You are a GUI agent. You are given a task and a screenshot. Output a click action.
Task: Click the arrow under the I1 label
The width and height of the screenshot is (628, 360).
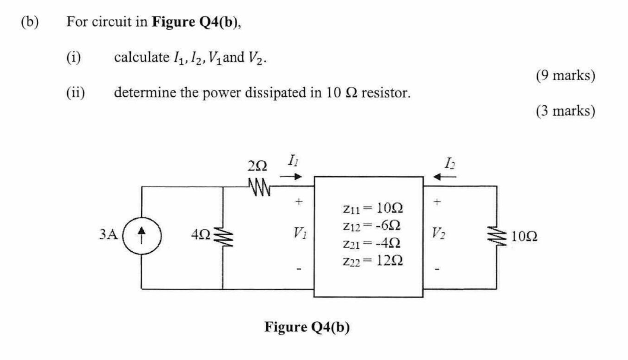click(291, 176)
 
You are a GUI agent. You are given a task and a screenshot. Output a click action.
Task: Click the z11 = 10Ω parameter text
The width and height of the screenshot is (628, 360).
click(373, 208)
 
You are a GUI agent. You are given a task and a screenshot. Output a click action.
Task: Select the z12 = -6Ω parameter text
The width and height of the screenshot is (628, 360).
click(372, 226)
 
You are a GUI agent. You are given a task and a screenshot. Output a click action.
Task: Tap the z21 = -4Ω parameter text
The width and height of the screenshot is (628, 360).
click(372, 243)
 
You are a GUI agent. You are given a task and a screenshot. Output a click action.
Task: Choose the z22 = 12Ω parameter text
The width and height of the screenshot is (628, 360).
click(373, 261)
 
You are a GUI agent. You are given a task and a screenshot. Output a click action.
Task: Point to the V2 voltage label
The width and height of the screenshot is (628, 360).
click(438, 233)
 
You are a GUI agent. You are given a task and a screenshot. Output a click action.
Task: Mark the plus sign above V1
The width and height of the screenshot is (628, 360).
click(298, 201)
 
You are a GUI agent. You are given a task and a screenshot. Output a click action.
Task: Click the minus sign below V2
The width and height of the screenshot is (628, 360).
click(437, 269)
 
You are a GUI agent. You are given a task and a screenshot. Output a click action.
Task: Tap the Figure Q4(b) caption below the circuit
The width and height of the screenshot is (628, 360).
click(307, 327)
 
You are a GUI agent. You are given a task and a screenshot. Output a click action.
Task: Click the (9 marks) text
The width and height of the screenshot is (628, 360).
click(565, 75)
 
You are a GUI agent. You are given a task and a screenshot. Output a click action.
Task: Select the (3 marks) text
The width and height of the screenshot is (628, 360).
click(565, 111)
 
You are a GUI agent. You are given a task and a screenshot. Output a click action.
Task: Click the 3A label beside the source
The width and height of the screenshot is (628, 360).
click(108, 234)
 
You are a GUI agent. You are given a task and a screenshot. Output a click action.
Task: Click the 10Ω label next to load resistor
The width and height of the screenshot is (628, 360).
click(524, 236)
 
